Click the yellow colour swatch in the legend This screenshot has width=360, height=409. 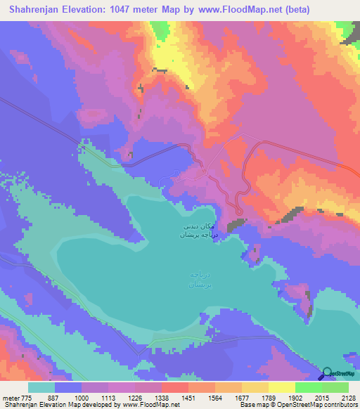(x=281, y=387)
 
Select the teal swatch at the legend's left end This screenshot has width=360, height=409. (x=41, y=387)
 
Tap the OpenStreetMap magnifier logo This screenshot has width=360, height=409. (x=327, y=374)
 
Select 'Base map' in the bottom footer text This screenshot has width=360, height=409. (x=252, y=404)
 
